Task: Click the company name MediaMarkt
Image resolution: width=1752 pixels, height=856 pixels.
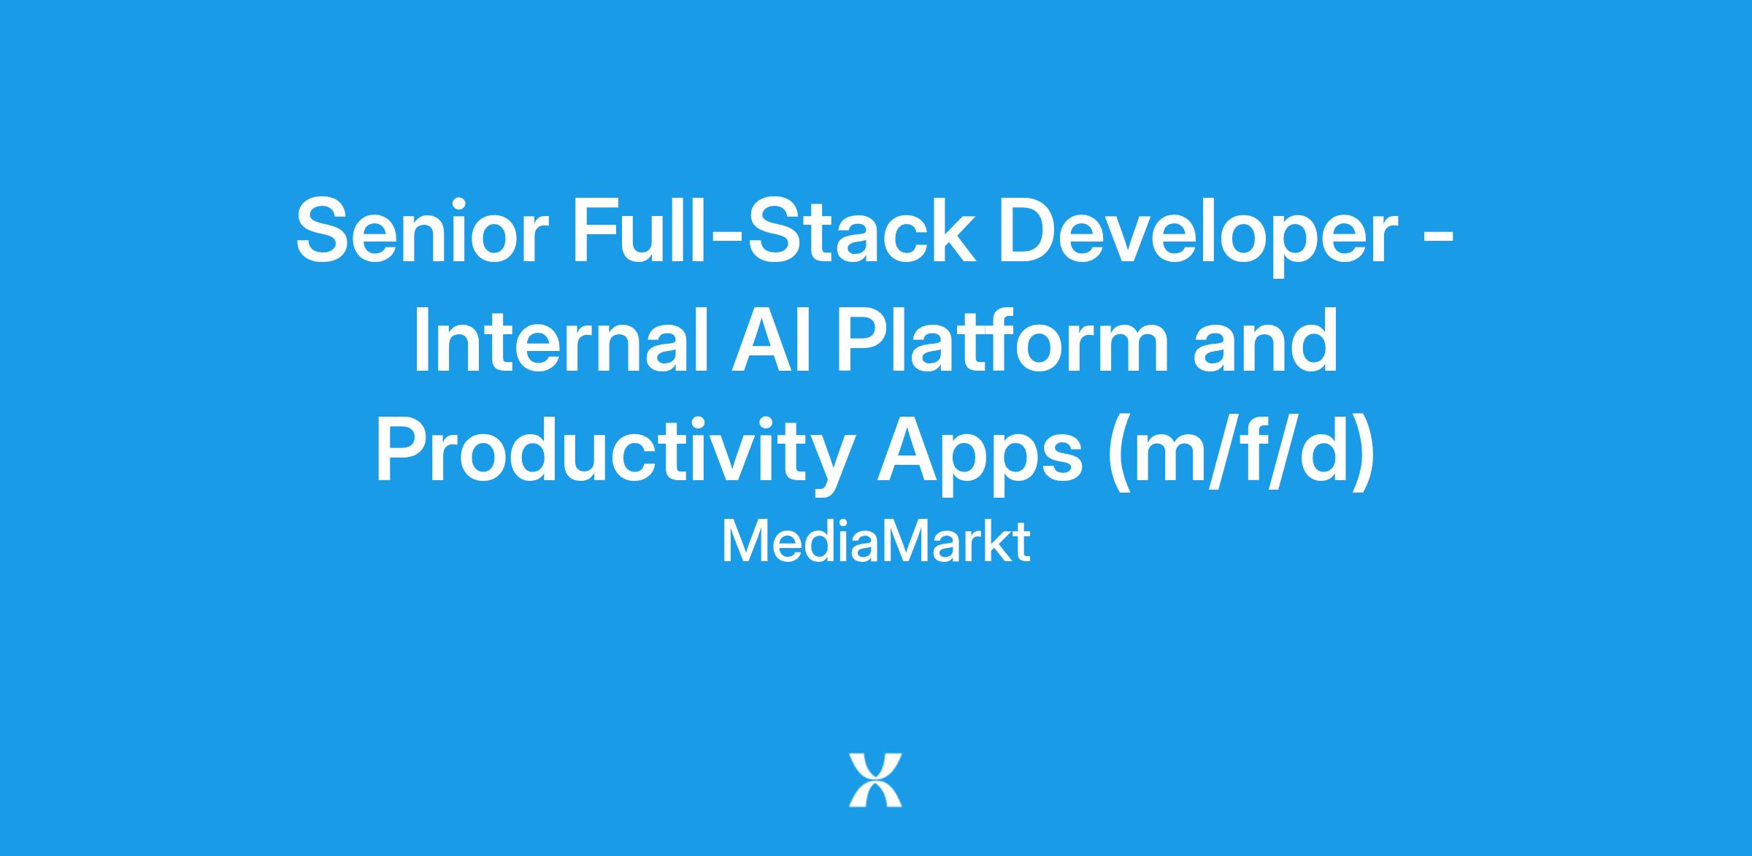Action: [876, 542]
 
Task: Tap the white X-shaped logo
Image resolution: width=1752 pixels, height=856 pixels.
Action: [875, 781]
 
